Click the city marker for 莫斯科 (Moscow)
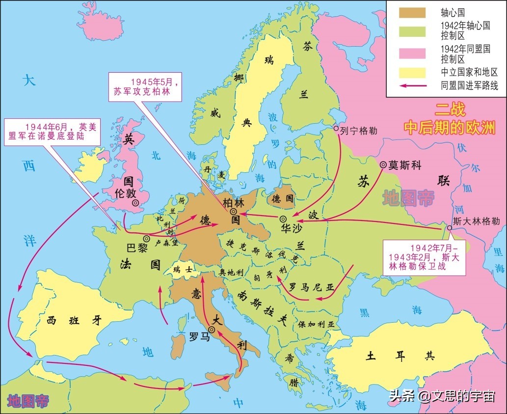coord(383,165)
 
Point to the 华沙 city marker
coord(283,219)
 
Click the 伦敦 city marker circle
coord(134,202)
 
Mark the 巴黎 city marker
coord(146,238)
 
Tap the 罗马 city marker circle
coord(212,330)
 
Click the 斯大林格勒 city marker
coord(450,228)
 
